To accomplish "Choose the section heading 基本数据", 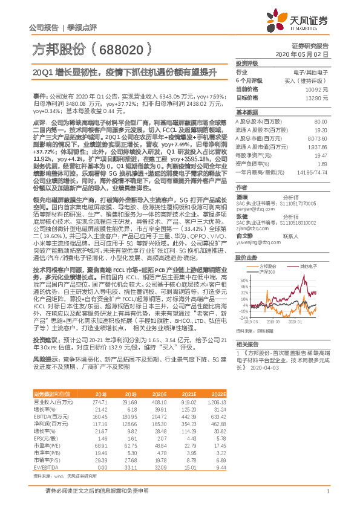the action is click(246, 112).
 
